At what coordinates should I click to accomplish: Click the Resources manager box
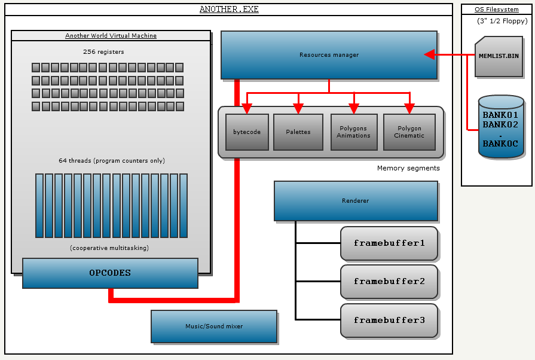click(329, 55)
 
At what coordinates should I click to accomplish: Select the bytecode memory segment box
click(246, 132)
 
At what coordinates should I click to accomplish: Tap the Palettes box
click(298, 132)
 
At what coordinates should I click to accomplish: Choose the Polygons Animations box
click(353, 132)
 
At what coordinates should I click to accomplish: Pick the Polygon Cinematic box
click(409, 132)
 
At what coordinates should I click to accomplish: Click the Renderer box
click(356, 201)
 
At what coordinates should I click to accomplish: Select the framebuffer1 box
click(389, 243)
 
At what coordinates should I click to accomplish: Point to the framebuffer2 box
click(389, 282)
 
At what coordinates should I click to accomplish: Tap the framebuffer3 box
click(389, 321)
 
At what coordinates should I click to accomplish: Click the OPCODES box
click(110, 273)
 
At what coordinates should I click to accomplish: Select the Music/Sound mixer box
click(213, 327)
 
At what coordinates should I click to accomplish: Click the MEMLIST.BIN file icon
click(499, 56)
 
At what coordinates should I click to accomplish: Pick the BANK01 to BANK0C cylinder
click(500, 127)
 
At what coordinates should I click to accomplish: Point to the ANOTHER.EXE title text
click(229, 10)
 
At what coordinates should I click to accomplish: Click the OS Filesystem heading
click(496, 10)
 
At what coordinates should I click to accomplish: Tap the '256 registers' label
click(103, 52)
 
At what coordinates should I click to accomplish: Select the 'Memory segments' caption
click(408, 169)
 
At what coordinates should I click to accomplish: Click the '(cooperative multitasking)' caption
click(109, 248)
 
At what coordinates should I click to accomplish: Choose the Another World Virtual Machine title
click(111, 36)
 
